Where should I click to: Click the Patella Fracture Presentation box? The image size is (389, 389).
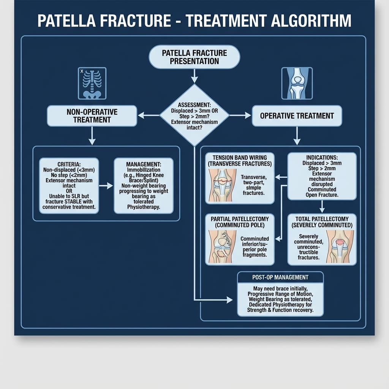click(x=194, y=57)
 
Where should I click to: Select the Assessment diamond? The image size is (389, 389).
click(x=194, y=115)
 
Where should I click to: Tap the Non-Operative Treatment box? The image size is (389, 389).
click(x=92, y=116)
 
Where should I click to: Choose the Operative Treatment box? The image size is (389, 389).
click(x=297, y=116)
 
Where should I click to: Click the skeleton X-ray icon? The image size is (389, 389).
click(x=92, y=83)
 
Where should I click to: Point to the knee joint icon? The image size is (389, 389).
click(x=297, y=83)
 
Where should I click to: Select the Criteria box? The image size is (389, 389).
click(x=69, y=186)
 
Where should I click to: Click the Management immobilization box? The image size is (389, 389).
click(x=144, y=186)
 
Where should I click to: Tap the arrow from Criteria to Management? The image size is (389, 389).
click(x=106, y=186)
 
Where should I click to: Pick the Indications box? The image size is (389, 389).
click(x=322, y=176)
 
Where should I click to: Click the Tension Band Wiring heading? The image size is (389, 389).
click(x=240, y=160)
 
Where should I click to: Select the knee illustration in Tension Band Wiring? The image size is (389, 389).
click(x=222, y=185)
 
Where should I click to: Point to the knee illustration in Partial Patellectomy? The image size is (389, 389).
click(x=222, y=247)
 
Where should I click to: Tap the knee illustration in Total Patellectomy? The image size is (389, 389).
click(x=340, y=247)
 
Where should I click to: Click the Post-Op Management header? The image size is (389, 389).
click(x=280, y=277)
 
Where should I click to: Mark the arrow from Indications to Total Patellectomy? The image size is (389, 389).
click(x=322, y=207)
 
